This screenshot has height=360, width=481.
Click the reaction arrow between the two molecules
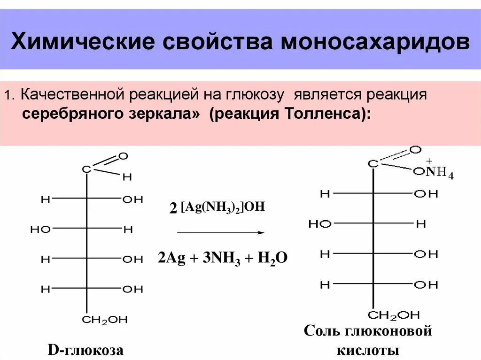click(x=220, y=232)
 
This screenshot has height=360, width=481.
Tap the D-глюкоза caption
click(x=86, y=350)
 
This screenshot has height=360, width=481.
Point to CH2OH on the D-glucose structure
click(x=105, y=321)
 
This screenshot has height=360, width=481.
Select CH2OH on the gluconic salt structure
click(x=394, y=314)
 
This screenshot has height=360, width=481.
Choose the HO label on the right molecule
click(x=320, y=224)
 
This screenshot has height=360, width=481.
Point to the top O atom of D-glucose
click(x=124, y=155)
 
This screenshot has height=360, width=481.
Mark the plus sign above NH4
click(x=429, y=161)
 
